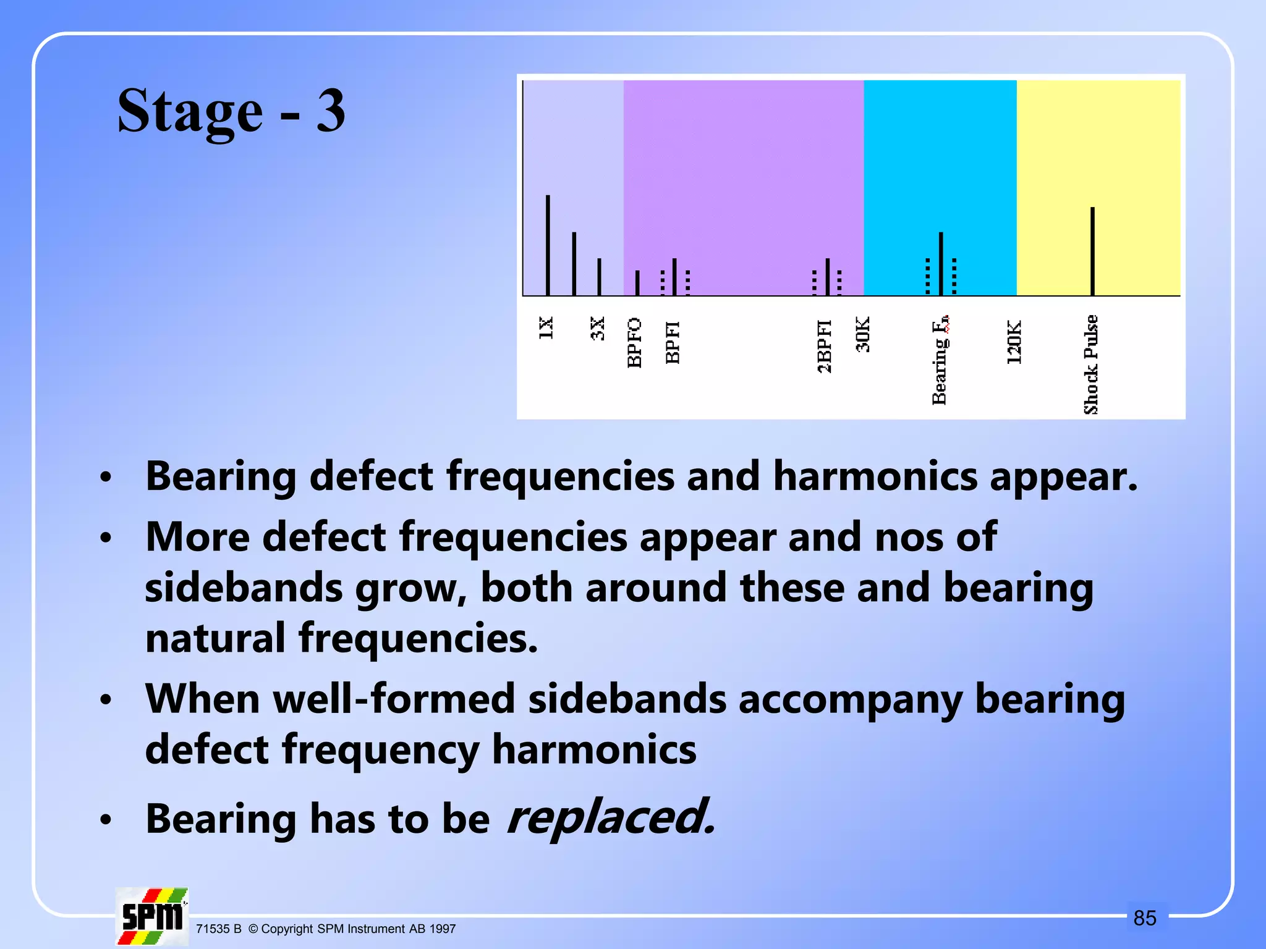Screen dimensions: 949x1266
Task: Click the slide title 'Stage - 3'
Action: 231,111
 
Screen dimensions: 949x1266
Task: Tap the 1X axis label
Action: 546,328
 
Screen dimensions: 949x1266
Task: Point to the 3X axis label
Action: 597,329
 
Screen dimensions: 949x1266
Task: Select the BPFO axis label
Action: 634,343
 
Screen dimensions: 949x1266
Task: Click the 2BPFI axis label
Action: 825,346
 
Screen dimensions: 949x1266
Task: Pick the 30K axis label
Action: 863,334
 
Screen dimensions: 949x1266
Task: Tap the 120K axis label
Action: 1014,342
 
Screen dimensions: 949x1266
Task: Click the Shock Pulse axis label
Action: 1091,365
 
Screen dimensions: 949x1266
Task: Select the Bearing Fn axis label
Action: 940,360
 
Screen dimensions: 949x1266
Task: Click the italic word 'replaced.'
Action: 611,817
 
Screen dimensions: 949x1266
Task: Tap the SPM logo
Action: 152,917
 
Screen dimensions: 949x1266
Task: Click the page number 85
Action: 1144,918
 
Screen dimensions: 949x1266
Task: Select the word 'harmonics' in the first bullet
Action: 875,476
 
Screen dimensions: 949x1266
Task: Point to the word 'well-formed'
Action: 394,699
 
